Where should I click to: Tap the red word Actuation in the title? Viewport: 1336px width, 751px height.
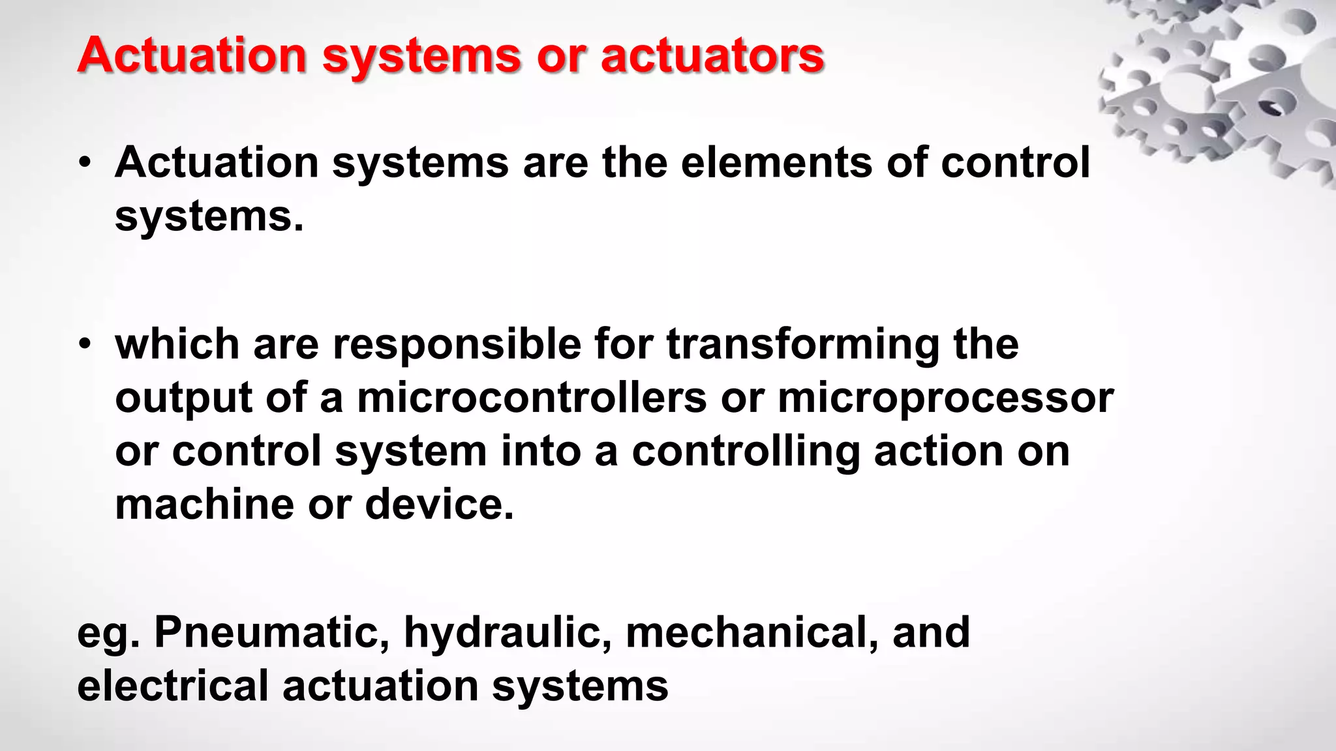192,55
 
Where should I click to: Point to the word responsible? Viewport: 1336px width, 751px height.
457,345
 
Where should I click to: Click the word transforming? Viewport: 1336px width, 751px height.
803,345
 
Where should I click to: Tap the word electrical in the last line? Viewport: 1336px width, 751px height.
173,686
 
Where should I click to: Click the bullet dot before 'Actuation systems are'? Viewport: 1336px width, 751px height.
84,163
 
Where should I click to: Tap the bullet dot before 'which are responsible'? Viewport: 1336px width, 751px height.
84,345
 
